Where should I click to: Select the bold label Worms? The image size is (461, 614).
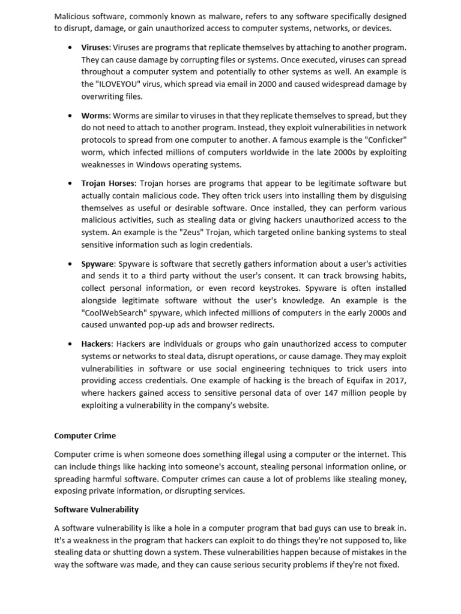point(95,115)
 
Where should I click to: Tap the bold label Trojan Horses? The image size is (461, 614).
point(108,183)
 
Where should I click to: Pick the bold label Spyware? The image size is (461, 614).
point(98,264)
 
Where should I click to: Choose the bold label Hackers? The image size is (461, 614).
point(96,344)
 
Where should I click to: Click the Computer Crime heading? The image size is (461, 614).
point(85,436)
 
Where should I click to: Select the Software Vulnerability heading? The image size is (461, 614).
point(96,510)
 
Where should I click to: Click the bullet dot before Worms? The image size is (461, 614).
point(70,116)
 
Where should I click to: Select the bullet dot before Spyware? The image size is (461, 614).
point(70,264)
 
